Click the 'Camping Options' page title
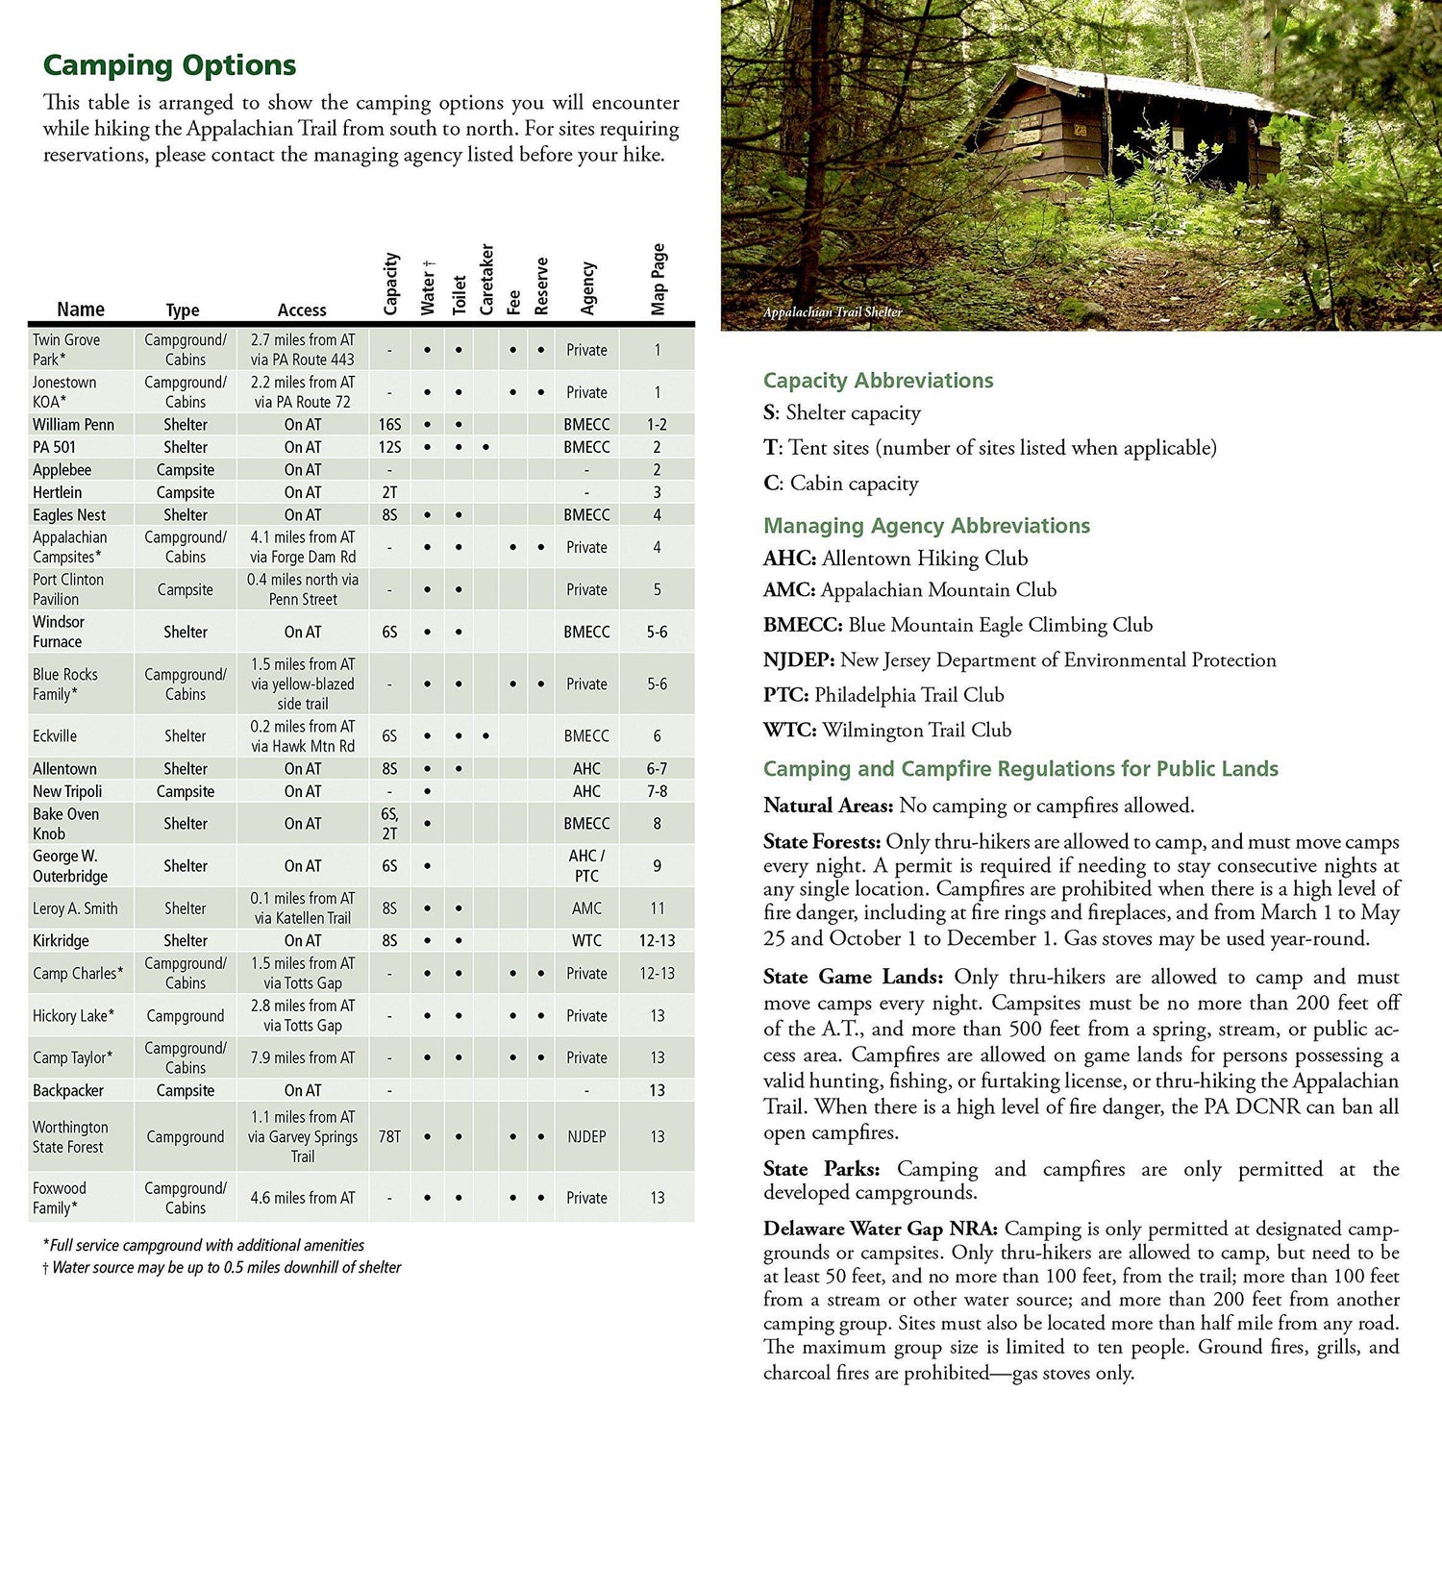(169, 65)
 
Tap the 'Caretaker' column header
(486, 279)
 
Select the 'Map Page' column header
(659, 279)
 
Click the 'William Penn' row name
(73, 424)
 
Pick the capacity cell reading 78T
(389, 1136)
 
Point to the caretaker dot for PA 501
(486, 447)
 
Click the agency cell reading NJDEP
(586, 1136)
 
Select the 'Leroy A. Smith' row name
(75, 908)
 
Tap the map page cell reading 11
(657, 908)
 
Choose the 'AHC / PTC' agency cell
(586, 866)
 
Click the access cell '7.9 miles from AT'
(303, 1057)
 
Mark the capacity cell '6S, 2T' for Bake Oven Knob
(389, 824)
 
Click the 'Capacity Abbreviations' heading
(878, 381)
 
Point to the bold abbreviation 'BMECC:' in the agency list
(803, 625)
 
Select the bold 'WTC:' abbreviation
(789, 731)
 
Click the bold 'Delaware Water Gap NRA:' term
(880, 1229)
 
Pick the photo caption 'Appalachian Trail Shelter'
(833, 312)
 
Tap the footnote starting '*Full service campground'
(204, 1245)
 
